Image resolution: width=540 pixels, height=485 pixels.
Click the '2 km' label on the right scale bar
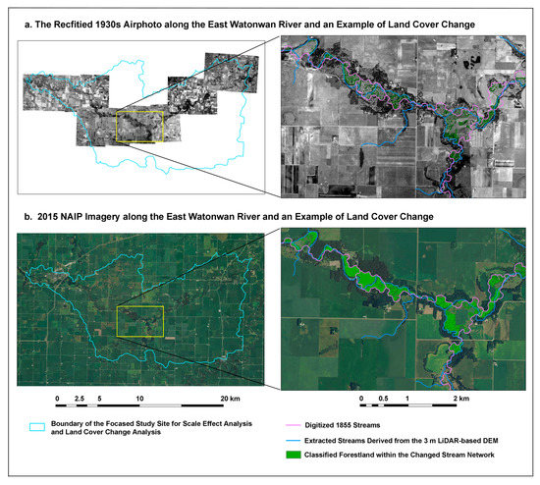pyautogui.click(x=459, y=399)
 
